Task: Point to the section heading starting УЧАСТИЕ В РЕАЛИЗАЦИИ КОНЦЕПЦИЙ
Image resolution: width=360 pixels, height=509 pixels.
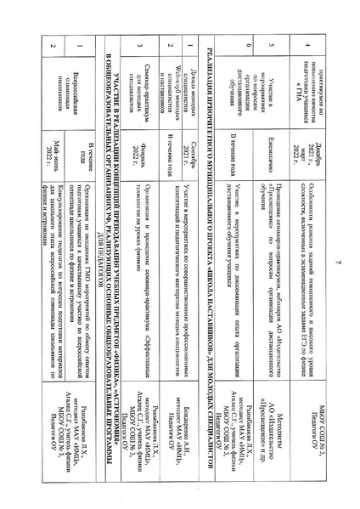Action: [102, 254]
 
